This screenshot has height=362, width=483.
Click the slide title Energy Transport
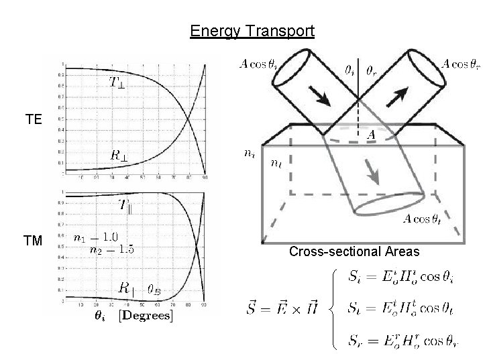[252, 32]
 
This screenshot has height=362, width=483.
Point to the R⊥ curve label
[122, 154]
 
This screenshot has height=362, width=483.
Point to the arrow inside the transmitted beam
[372, 176]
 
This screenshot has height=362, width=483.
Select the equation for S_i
[395, 277]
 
